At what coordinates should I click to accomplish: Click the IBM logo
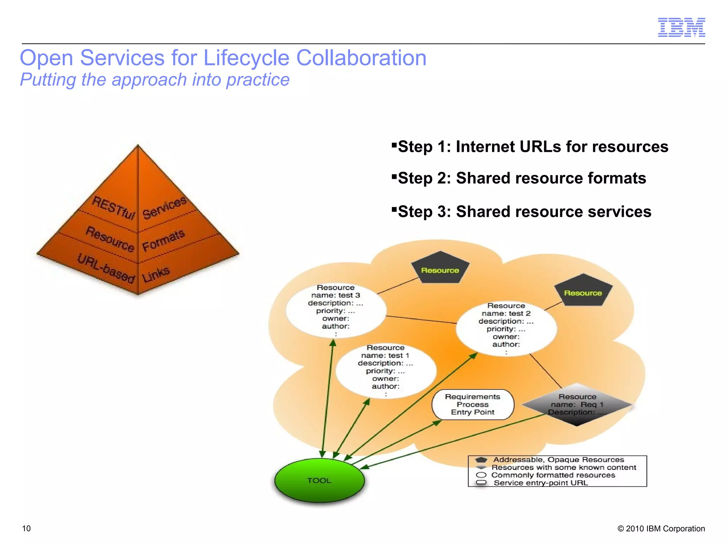[681, 27]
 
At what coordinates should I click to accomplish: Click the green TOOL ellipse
[319, 480]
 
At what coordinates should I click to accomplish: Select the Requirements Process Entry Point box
[472, 404]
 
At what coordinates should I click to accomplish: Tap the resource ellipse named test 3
[336, 310]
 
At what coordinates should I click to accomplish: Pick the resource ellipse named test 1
[386, 370]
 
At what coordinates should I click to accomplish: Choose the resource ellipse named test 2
[506, 329]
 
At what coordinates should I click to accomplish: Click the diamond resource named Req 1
[577, 404]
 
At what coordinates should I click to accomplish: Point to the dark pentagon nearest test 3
[440, 269]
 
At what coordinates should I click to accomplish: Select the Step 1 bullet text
[533, 147]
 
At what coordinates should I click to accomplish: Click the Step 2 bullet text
[522, 178]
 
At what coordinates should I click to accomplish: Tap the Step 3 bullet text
[524, 211]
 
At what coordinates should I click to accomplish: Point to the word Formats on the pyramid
[163, 240]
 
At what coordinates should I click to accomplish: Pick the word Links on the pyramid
[156, 274]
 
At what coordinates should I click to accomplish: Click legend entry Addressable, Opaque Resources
[558, 460]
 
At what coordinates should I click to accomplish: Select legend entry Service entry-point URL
[540, 483]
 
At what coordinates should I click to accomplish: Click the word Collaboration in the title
[361, 58]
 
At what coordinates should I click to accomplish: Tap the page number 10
[26, 528]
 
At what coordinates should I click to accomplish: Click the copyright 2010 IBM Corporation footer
[661, 528]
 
